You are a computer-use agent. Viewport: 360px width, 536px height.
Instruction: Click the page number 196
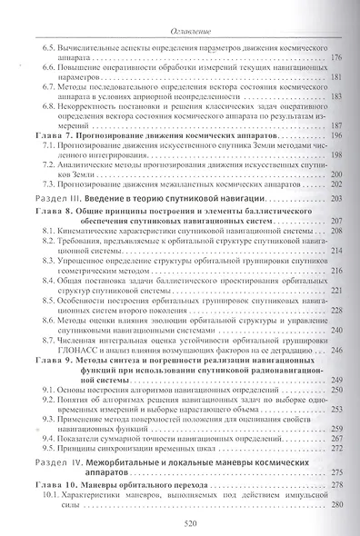pos(335,134)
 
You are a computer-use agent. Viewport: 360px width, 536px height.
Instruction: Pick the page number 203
pos(335,198)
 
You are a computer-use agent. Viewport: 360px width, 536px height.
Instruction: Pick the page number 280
pos(335,510)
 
